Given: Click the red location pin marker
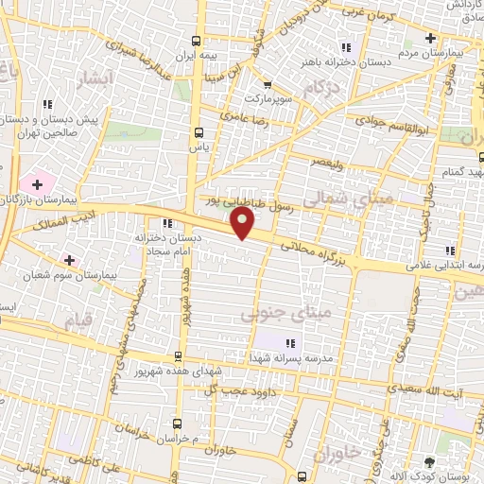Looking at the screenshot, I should (x=243, y=222).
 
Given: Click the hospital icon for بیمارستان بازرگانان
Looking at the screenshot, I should (x=37, y=182).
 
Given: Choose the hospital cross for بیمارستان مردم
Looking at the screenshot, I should (x=430, y=39).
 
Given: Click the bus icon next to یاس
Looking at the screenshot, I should (x=198, y=132).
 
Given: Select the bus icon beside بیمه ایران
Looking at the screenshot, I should (x=196, y=41).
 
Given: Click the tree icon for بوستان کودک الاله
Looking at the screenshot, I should (x=430, y=462).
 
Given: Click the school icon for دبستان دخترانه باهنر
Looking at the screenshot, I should (x=345, y=47).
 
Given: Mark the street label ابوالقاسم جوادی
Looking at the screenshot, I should (x=396, y=122).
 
